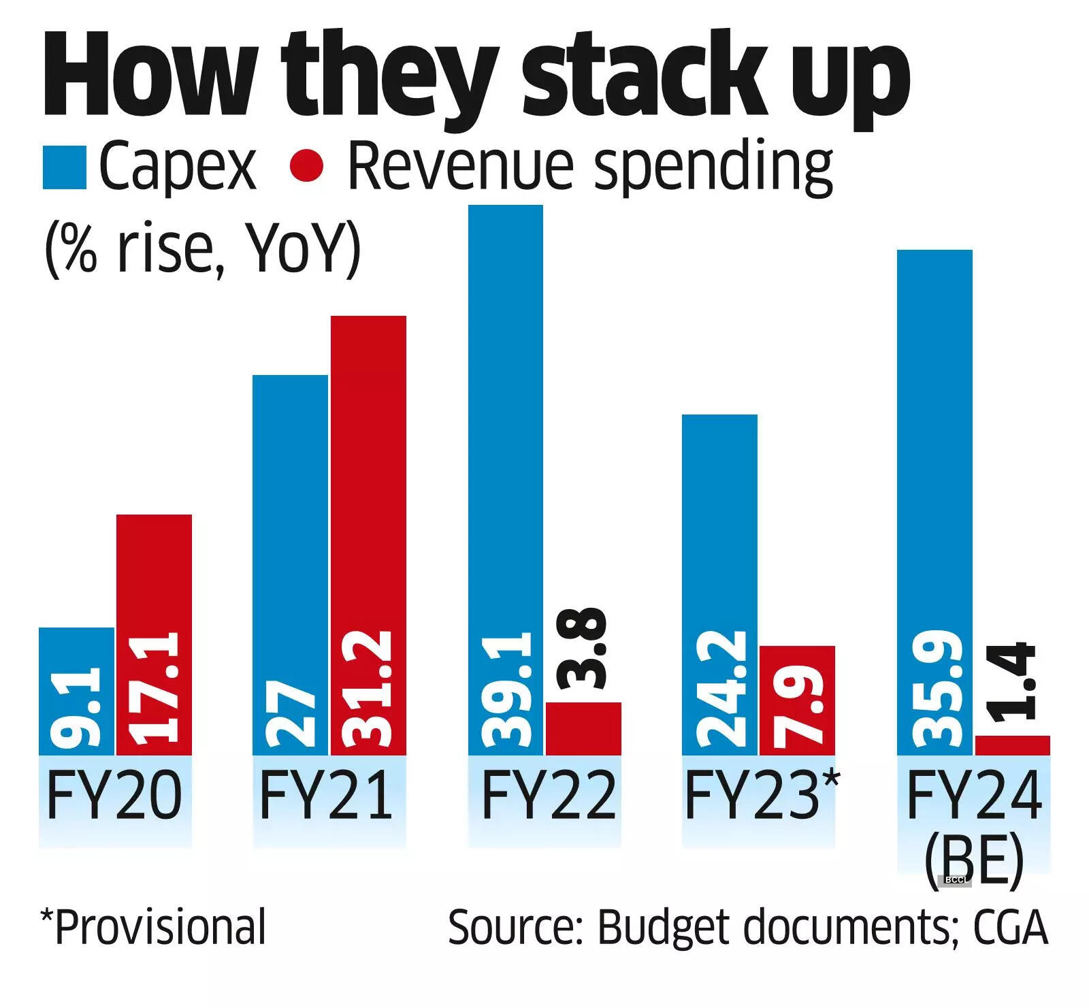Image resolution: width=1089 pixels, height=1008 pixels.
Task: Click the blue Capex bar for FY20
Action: point(76,691)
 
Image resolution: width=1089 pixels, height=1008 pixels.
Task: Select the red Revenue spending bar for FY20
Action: point(154,634)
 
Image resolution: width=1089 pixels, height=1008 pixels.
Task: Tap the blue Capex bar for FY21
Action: point(290,565)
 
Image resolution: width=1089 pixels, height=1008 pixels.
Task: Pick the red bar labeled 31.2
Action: point(368,535)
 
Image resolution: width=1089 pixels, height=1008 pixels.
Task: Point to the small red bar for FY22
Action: point(583,728)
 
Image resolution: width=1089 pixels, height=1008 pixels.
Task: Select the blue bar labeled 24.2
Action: point(719,585)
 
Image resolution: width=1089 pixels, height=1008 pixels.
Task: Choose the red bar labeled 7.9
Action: point(797,700)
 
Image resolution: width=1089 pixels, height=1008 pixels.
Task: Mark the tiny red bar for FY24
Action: point(1012,745)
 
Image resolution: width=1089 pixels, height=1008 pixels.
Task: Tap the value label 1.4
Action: point(1012,681)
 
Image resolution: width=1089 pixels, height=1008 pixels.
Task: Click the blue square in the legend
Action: point(64,167)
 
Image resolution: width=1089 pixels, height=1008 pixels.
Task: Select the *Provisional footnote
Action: point(153,927)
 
